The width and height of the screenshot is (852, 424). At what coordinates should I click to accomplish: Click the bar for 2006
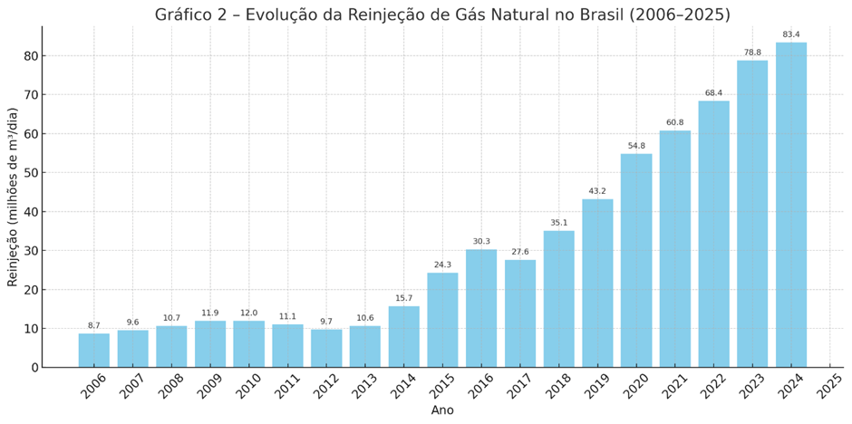point(94,351)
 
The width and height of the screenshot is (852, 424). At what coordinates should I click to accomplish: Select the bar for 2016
point(481,308)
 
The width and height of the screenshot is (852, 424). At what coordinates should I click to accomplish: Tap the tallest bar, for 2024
point(791,205)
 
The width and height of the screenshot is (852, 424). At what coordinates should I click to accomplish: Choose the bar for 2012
point(326,348)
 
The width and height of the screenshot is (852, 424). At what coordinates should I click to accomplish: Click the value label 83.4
point(791,35)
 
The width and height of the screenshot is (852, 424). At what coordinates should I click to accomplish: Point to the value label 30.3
point(481,242)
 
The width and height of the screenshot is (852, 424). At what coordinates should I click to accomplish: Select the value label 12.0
point(249,313)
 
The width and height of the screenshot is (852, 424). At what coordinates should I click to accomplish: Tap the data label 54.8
point(636,146)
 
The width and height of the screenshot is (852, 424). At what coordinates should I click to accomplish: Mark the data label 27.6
point(520,253)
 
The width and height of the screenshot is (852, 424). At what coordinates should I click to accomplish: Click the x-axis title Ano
point(442,410)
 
